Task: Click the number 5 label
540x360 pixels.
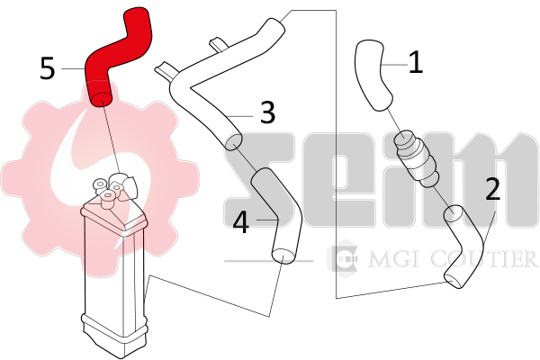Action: (48, 68)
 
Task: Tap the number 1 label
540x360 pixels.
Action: (416, 62)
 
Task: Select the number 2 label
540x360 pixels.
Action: (493, 189)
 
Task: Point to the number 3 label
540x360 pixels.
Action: (268, 112)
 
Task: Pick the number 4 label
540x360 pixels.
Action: (241, 222)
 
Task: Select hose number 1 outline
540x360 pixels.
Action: (372, 74)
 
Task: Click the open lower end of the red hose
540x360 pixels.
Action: (101, 99)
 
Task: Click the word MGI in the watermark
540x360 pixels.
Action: (395, 259)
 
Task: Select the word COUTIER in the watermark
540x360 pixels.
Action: (483, 259)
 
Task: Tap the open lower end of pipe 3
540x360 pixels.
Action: (233, 141)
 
